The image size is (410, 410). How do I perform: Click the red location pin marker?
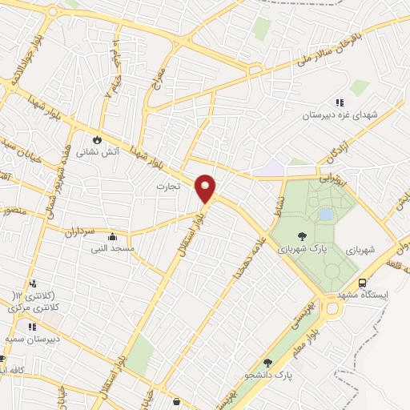(206, 189)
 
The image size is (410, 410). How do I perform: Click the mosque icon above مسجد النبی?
(113, 236)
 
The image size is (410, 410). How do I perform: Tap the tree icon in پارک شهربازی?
(302, 235)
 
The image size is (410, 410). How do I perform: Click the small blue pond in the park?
(325, 214)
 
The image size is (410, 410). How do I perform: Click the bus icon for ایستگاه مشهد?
(363, 283)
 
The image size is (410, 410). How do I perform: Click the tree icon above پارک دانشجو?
(267, 363)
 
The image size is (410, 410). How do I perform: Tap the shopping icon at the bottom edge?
(176, 401)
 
